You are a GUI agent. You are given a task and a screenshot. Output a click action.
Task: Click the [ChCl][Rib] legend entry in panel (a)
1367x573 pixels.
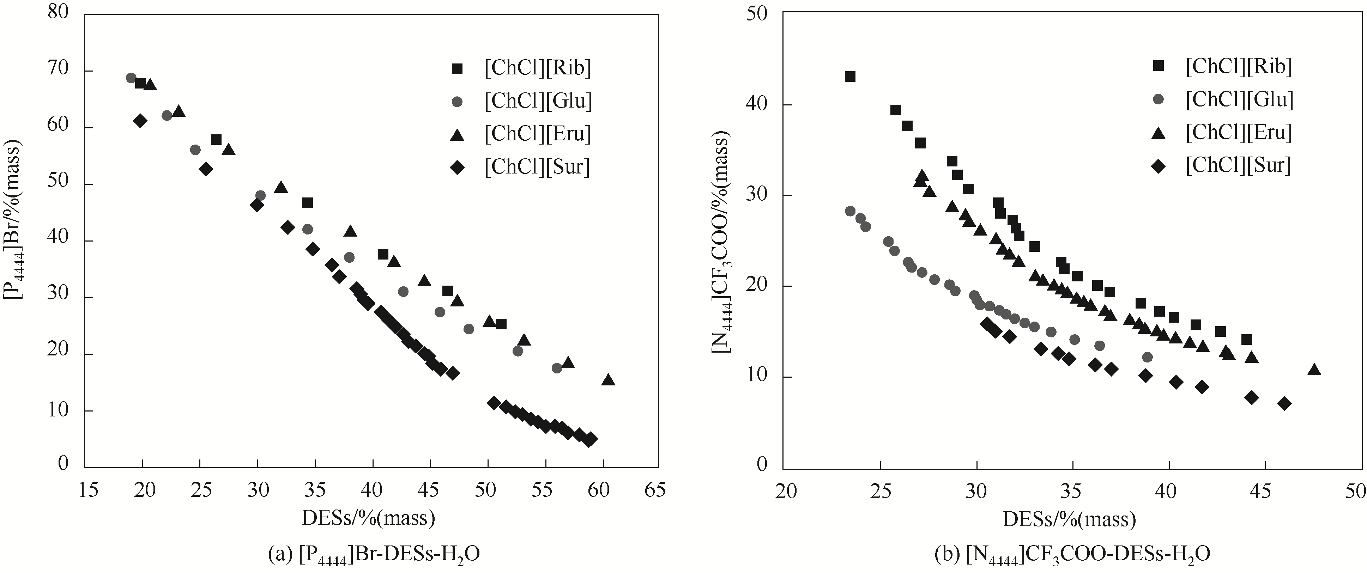click(537, 68)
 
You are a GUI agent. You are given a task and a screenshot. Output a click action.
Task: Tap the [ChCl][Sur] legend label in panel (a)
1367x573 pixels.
click(537, 167)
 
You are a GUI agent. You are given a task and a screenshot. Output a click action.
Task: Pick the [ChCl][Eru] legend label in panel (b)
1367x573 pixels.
click(1239, 132)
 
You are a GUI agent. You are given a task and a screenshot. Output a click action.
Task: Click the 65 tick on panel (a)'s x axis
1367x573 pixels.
click(655, 490)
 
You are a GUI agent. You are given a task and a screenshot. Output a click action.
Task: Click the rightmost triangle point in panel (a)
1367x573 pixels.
click(608, 380)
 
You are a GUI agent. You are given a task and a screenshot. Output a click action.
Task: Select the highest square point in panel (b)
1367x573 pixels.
click(850, 77)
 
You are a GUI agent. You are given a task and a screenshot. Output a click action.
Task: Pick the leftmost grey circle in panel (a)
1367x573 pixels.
click(131, 78)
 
